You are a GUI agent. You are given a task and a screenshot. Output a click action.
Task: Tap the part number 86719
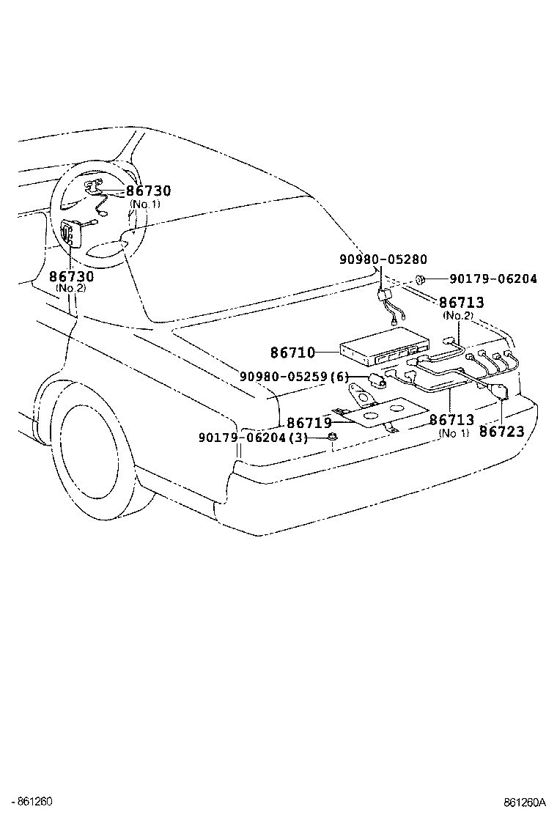[x=308, y=423]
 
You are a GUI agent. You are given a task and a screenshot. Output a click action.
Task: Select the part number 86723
[x=502, y=432]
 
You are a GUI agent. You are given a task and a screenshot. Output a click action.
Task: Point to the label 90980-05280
[x=383, y=259]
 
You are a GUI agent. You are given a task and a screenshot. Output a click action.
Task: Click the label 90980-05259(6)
[x=294, y=377]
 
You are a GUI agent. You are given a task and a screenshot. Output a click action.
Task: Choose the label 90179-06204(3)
[x=253, y=438]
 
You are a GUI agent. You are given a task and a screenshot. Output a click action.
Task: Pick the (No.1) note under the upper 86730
[x=144, y=204]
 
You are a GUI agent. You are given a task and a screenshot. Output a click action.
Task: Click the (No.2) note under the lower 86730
[x=71, y=288]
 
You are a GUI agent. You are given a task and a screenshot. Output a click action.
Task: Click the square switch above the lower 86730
[x=70, y=234]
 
